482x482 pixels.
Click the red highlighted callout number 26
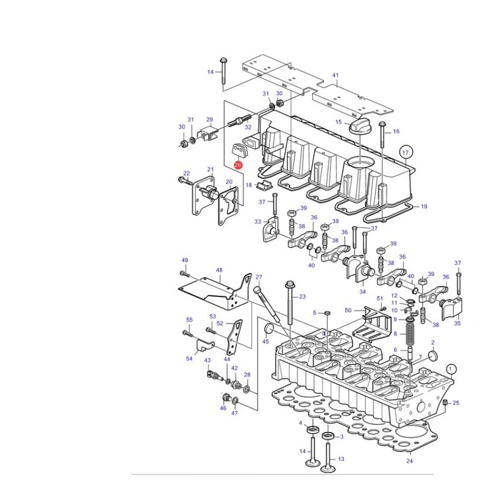238,165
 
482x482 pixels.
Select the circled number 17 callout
405,152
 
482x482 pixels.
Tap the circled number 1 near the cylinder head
451,369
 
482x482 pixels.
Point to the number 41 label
336,75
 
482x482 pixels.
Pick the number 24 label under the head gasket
410,460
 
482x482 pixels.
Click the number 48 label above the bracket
219,270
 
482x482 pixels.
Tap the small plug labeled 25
446,403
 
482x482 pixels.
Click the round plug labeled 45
269,328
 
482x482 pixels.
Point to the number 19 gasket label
424,206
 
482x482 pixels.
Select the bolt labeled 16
382,134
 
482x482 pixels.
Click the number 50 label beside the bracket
348,310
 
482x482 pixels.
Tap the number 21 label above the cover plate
210,169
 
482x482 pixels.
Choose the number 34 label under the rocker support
363,292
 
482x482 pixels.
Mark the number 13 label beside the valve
341,459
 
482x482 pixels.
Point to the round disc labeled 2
433,355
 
